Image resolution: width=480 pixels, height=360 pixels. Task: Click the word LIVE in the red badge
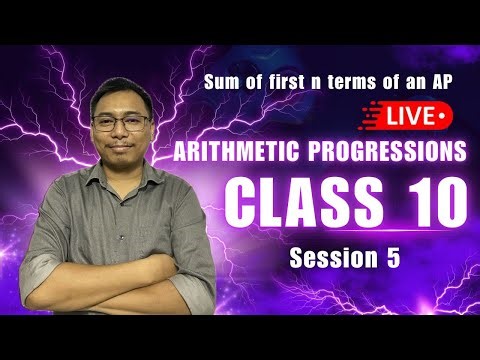[x=410, y=117]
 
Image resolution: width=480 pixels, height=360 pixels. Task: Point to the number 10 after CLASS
[x=432, y=204]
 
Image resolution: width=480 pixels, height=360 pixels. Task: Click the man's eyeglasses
[x=121, y=122]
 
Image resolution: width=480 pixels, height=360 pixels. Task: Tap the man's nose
[x=123, y=134]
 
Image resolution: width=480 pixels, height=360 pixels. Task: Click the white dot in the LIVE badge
[x=441, y=117]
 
